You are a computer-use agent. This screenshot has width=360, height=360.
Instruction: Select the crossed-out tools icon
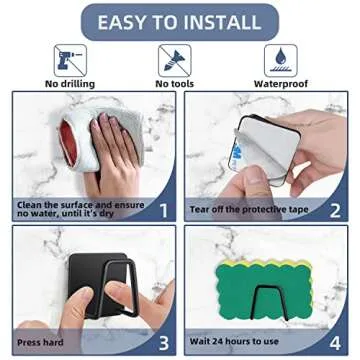180,59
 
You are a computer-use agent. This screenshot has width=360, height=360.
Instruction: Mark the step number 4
335,339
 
